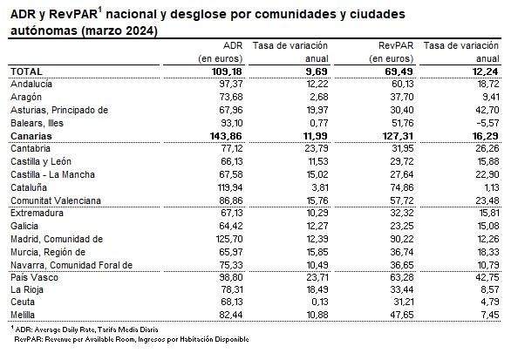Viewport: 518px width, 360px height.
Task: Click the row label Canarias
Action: click(x=31, y=137)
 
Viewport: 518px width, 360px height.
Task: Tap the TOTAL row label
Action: click(x=26, y=71)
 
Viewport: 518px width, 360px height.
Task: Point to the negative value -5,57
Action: click(x=493, y=124)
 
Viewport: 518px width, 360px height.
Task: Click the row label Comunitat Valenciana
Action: click(x=57, y=200)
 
